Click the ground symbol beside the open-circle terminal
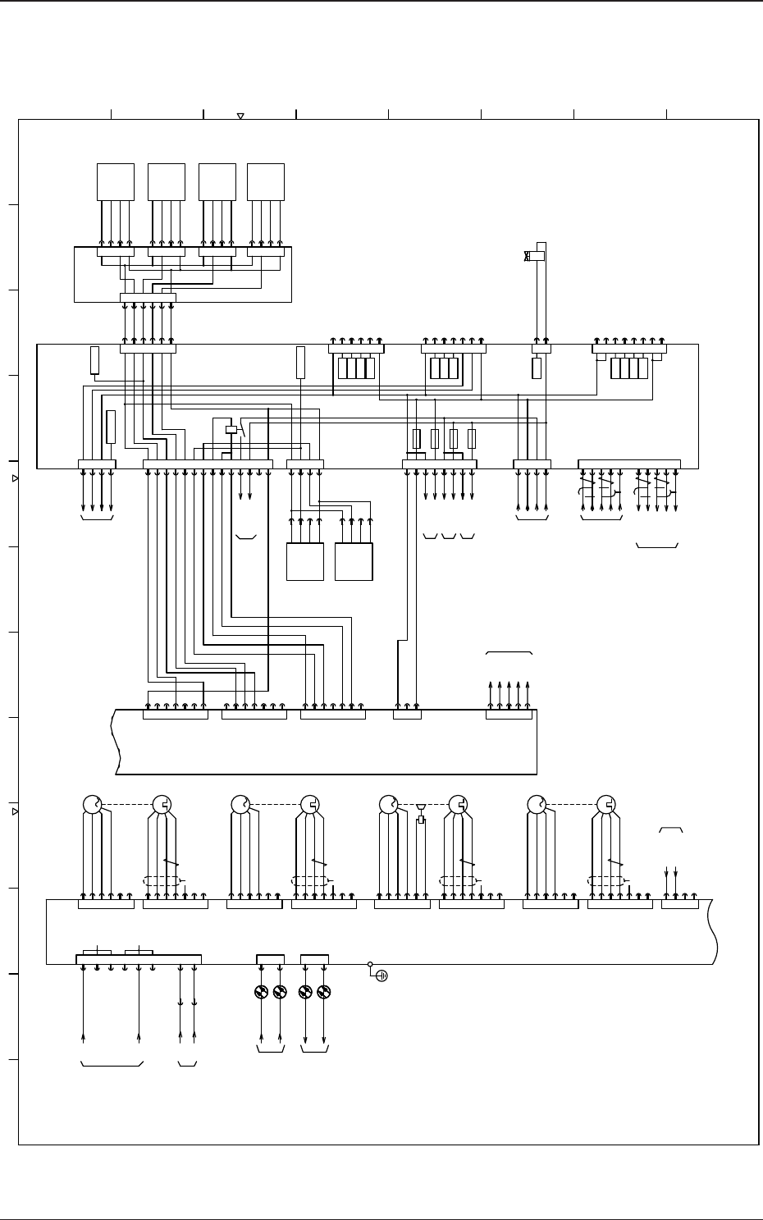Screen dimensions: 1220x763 [x=381, y=976]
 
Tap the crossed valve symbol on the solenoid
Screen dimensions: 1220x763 [x=527, y=256]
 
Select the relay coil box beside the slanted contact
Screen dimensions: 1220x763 [x=231, y=429]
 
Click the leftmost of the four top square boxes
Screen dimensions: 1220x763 [x=115, y=181]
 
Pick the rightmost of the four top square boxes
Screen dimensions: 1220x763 [x=265, y=181]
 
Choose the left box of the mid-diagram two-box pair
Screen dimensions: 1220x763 [x=304, y=562]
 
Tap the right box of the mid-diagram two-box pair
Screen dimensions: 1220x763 [x=354, y=562]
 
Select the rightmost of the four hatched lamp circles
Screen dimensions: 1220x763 [x=324, y=992]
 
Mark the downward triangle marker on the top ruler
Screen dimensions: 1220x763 [x=240, y=117]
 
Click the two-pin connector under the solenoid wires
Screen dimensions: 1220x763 [x=541, y=349]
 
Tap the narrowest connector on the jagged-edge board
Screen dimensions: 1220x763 [x=407, y=715]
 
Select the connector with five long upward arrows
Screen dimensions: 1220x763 [x=509, y=715]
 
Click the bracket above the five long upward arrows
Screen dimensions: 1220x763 [x=509, y=653]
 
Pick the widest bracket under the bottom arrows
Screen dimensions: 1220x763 [x=113, y=1065]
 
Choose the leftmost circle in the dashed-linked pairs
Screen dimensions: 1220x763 [x=92, y=805]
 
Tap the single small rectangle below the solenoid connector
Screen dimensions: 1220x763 [x=537, y=368]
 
